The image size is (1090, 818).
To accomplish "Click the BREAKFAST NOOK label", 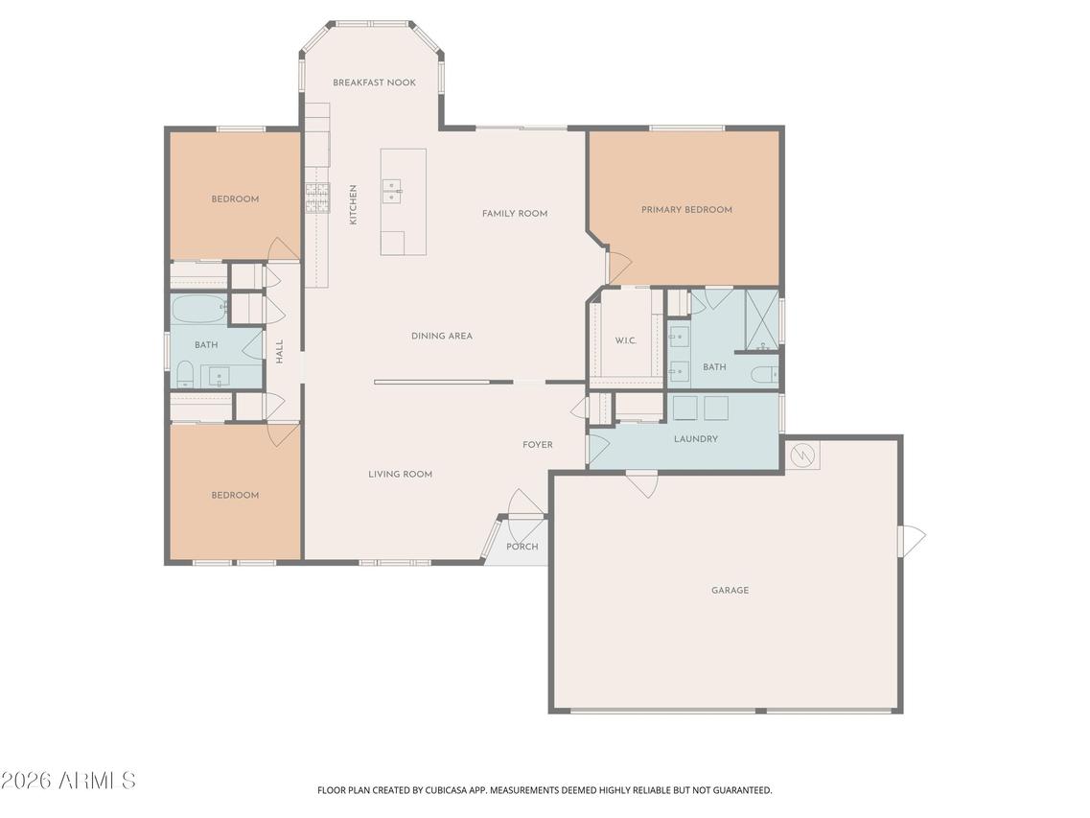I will click(374, 82).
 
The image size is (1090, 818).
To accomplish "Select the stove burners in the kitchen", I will click(316, 197).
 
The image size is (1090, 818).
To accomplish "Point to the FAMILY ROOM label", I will click(515, 214).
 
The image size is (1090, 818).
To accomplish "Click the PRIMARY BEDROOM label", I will click(686, 210).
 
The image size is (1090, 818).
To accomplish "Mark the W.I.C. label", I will click(625, 340).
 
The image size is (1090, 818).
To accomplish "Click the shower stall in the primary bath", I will click(762, 319).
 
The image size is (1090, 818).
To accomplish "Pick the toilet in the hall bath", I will click(185, 375).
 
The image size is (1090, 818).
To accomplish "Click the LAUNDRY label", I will click(696, 439).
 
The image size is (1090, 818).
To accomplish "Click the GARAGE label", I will click(730, 591).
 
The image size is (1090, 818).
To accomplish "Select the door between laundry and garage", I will click(641, 482).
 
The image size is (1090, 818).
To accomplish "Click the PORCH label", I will click(522, 547).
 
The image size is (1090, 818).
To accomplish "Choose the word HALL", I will click(280, 351).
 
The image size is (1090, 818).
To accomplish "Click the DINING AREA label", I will click(442, 337).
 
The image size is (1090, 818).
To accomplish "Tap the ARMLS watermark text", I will click(69, 781).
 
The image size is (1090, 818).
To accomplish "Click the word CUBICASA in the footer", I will click(450, 790).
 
